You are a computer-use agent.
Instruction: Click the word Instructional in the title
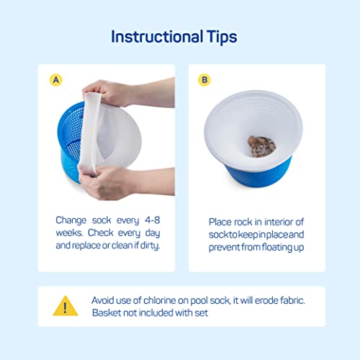[x=157, y=37]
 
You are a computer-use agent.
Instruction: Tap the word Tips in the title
[x=222, y=37]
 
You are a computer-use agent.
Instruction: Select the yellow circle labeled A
[x=56, y=80]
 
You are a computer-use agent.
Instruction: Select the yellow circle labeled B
[x=204, y=80]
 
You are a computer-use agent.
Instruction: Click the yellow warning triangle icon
[x=66, y=306]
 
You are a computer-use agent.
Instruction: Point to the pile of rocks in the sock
[x=261, y=146]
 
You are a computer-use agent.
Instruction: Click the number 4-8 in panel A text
[x=153, y=220]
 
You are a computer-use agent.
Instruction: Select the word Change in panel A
[x=71, y=220]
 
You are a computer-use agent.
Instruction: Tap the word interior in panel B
[x=278, y=222]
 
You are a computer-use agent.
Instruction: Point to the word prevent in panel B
[x=224, y=248]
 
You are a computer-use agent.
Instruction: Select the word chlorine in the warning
[x=160, y=300]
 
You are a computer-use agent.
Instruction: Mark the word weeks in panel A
[x=69, y=233]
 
